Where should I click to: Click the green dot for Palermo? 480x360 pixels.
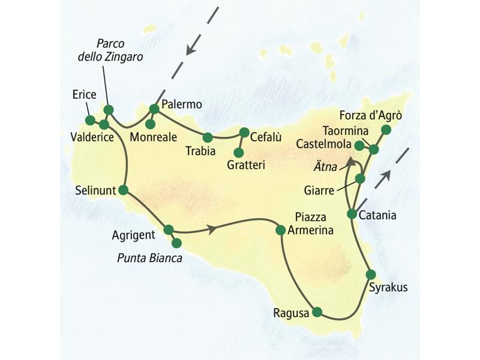[x=154, y=109]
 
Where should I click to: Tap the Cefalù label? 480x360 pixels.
[x=265, y=137]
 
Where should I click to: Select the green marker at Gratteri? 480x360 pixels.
[x=239, y=152]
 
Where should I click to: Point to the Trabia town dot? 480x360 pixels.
[x=208, y=137]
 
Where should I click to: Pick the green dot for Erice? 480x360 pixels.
[x=89, y=119]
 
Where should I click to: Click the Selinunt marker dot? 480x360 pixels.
[x=124, y=190]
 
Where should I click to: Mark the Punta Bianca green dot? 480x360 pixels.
[x=176, y=243]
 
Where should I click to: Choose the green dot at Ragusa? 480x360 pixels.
[x=317, y=311]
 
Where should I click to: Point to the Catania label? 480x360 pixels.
[x=379, y=216]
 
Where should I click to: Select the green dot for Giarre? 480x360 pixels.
[x=360, y=179]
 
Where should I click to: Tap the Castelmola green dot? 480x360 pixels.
[x=359, y=145]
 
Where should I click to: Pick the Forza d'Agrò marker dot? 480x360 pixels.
[x=386, y=130]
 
